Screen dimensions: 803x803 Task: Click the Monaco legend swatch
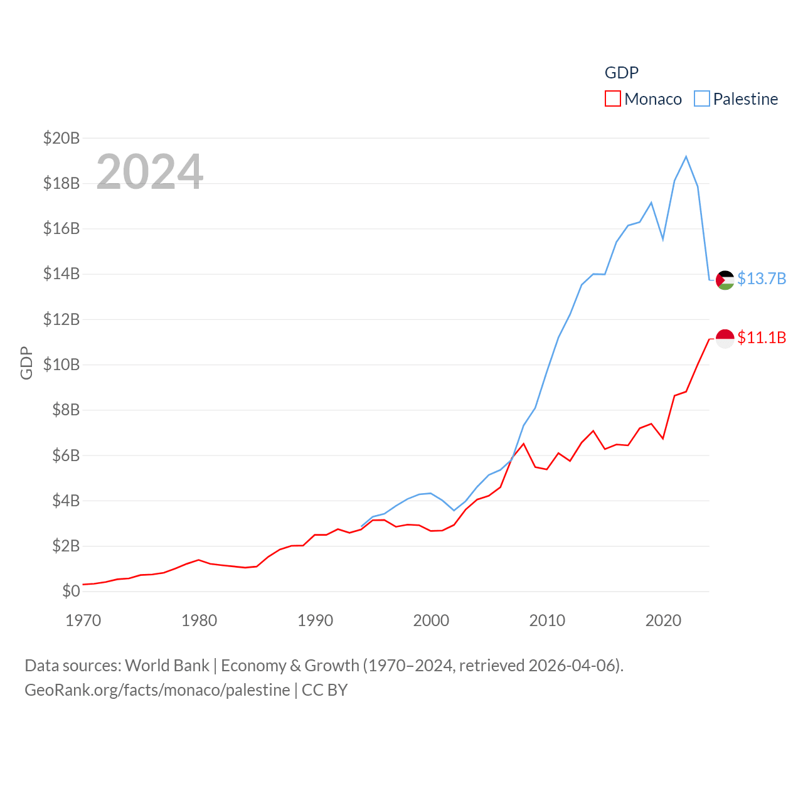[x=612, y=99]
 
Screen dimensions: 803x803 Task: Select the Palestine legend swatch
[x=702, y=99]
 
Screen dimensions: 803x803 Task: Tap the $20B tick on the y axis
[x=61, y=138]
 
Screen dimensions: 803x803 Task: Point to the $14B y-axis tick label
[x=61, y=274]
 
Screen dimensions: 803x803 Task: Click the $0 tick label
[x=71, y=591]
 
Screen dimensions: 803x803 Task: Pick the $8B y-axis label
[x=66, y=410]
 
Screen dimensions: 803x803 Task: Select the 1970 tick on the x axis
[x=83, y=620]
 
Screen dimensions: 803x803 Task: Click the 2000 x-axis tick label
[x=431, y=620]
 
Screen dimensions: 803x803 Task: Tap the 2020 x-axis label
[x=663, y=620]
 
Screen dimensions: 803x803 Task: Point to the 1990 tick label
[x=315, y=620]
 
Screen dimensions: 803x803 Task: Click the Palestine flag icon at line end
[x=725, y=280]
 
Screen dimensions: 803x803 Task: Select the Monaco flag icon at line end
[x=725, y=339]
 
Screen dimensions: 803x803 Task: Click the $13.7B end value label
[x=762, y=279]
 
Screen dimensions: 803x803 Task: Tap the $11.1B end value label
[x=762, y=338]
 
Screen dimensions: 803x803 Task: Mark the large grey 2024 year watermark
[x=150, y=171]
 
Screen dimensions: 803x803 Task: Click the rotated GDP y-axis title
[x=26, y=363]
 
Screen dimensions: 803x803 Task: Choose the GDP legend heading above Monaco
[x=621, y=73]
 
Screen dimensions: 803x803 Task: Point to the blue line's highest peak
[x=686, y=156]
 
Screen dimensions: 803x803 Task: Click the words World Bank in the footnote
[x=167, y=665]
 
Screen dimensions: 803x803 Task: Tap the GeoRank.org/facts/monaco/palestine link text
[x=157, y=690]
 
